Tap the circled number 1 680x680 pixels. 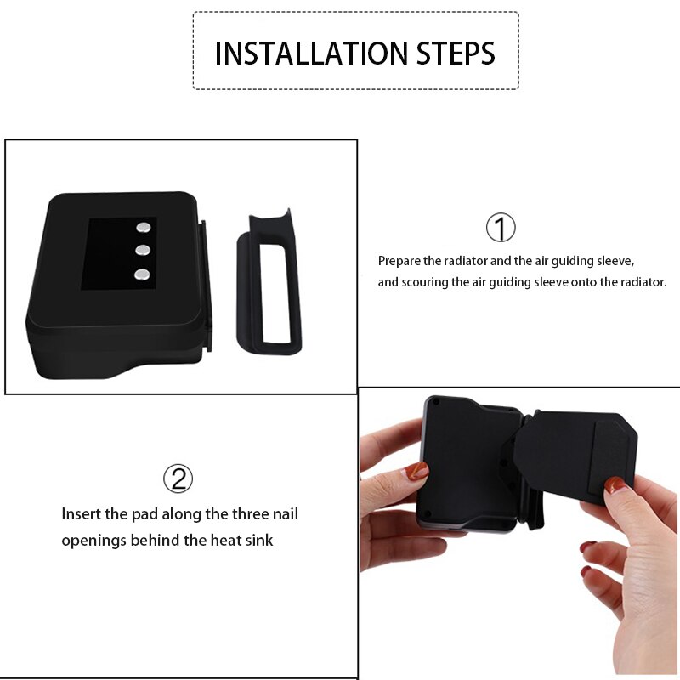tap(501, 228)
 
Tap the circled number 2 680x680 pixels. tap(178, 479)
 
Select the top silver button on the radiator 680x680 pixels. tap(143, 228)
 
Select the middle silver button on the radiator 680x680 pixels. tap(143, 251)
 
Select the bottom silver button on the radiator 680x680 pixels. tap(143, 275)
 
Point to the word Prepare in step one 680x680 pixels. tap(399, 261)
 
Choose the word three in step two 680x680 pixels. tap(234, 514)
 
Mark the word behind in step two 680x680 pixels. tap(154, 540)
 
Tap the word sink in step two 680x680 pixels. tap(258, 540)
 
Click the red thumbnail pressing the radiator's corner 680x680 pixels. tap(417, 471)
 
